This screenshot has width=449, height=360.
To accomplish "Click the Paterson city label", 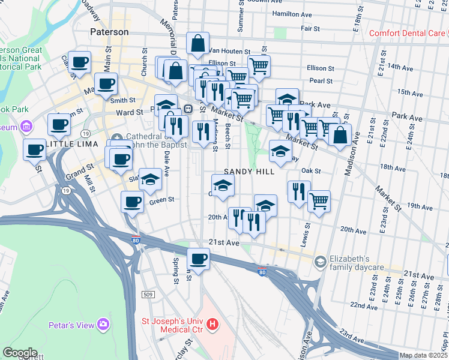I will coord(109,31).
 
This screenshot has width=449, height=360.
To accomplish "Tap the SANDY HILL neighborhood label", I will coord(249,172).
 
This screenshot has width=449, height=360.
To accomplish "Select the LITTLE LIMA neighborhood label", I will coord(74,145).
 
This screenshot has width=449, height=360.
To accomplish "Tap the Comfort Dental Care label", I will coord(407,33).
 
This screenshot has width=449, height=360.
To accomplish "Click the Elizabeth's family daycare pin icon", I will coord(321,261).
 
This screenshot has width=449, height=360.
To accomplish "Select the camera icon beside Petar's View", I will coord(104,325).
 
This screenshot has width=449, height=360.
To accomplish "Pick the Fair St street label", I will coord(310,28).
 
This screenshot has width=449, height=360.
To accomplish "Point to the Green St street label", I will coord(161,200).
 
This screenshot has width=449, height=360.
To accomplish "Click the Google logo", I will coord(20,353).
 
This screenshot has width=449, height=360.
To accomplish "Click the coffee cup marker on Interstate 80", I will coord(198,259).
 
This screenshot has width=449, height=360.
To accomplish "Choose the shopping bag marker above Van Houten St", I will coord(197,43).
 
